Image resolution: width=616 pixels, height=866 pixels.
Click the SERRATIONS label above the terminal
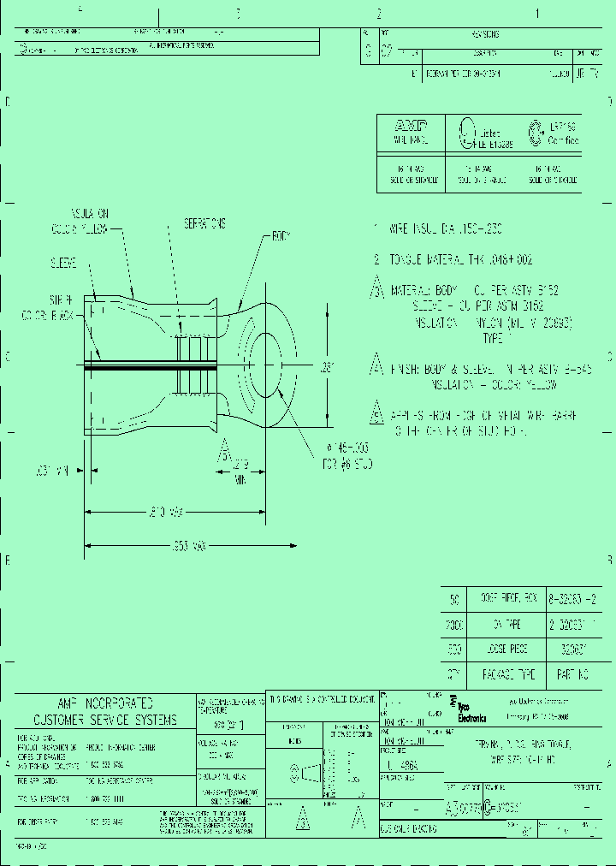click(204, 223)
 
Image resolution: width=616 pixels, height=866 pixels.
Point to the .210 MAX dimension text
click(165, 511)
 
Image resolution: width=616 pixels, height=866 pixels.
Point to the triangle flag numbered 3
click(376, 289)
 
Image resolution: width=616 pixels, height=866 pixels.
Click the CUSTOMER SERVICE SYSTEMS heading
click(104, 720)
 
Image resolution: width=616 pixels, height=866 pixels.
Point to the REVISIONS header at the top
click(484, 34)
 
